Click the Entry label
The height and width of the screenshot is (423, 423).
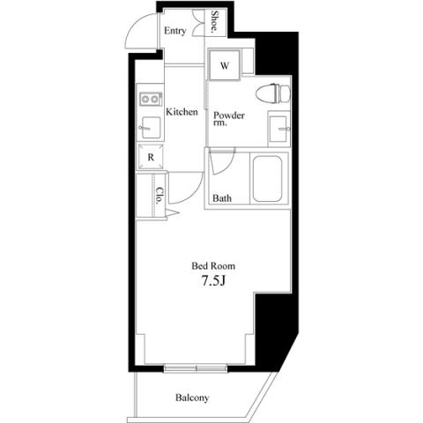click(x=175, y=31)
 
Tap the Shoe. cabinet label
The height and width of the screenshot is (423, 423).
click(x=215, y=21)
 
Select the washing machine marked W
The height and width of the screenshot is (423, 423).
click(x=225, y=65)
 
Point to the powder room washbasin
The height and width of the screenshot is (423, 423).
click(x=278, y=129)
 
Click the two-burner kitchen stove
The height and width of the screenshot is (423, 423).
click(x=151, y=99)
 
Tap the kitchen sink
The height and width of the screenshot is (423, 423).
click(x=151, y=128)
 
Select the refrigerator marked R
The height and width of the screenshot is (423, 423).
click(x=151, y=157)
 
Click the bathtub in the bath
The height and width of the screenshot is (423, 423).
click(x=267, y=179)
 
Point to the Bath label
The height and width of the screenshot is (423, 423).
click(x=222, y=198)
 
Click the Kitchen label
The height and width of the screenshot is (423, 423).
click(x=182, y=112)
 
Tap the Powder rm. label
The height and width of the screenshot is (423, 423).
click(x=229, y=118)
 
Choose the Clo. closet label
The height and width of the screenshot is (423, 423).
click(x=160, y=196)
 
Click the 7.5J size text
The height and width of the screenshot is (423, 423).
click(x=213, y=281)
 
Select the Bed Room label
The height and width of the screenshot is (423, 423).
click(x=213, y=266)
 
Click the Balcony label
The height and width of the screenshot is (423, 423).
click(x=192, y=397)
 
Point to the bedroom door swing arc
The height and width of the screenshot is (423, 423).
click(x=194, y=195)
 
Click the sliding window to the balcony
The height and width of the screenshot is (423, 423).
click(x=196, y=367)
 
